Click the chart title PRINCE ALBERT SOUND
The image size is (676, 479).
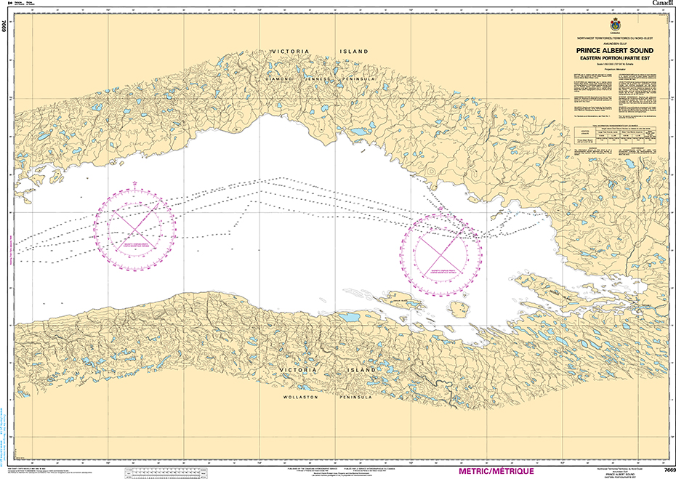point(615,50)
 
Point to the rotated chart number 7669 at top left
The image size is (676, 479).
point(5,28)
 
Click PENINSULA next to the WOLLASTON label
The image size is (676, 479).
point(355,398)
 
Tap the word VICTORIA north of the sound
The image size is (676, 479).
point(291,52)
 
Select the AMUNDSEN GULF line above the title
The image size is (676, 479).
point(615,43)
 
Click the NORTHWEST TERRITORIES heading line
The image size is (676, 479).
point(615,38)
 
